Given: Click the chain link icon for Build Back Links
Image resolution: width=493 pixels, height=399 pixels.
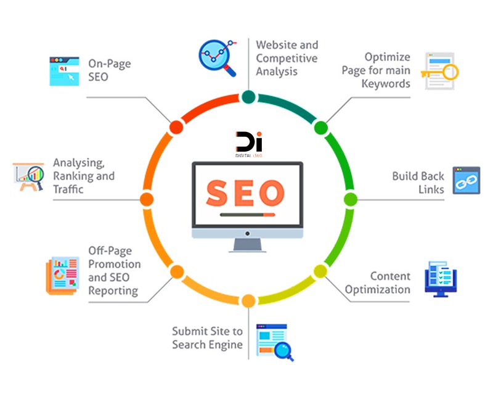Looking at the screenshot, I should pyautogui.click(x=467, y=181).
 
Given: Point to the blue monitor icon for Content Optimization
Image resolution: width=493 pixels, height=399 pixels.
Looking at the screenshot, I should pyautogui.click(x=441, y=278).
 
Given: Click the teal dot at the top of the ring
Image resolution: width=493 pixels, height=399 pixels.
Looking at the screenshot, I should pyautogui.click(x=248, y=97).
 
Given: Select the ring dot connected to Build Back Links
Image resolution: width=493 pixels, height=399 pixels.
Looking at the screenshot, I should pyautogui.click(x=350, y=199).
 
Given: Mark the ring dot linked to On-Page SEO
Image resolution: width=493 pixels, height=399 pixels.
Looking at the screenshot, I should pyautogui.click(x=176, y=127).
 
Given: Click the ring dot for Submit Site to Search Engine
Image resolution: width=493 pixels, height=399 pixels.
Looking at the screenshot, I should pyautogui.click(x=248, y=301).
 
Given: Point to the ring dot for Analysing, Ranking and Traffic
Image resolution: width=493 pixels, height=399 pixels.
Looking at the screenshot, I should pyautogui.click(x=147, y=199).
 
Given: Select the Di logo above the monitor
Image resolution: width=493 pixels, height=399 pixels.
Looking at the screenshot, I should pyautogui.click(x=248, y=144).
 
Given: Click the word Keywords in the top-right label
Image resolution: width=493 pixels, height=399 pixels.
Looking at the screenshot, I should pyautogui.click(x=386, y=84).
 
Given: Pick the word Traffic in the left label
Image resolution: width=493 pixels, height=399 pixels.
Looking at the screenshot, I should pyautogui.click(x=68, y=189).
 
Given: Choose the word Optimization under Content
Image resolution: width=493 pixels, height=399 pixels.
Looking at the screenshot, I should pyautogui.click(x=378, y=289).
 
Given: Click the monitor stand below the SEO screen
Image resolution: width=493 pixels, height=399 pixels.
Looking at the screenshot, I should pyautogui.click(x=248, y=245).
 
